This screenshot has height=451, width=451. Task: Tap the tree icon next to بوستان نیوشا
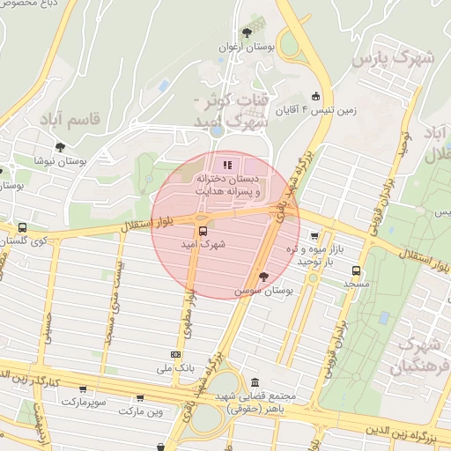pos(60,148)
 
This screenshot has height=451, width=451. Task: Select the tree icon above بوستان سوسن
pos(263,276)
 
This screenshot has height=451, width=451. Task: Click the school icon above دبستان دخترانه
pos(227,164)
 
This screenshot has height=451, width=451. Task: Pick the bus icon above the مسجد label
pos(356,271)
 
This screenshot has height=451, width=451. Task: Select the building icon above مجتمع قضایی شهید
pos(255,384)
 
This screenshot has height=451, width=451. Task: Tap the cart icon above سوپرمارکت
pos(83,388)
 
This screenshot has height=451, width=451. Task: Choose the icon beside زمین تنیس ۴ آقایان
pos(315,96)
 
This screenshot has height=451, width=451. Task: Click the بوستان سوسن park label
pos(263,290)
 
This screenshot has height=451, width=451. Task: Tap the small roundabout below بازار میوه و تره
pos(312,278)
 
